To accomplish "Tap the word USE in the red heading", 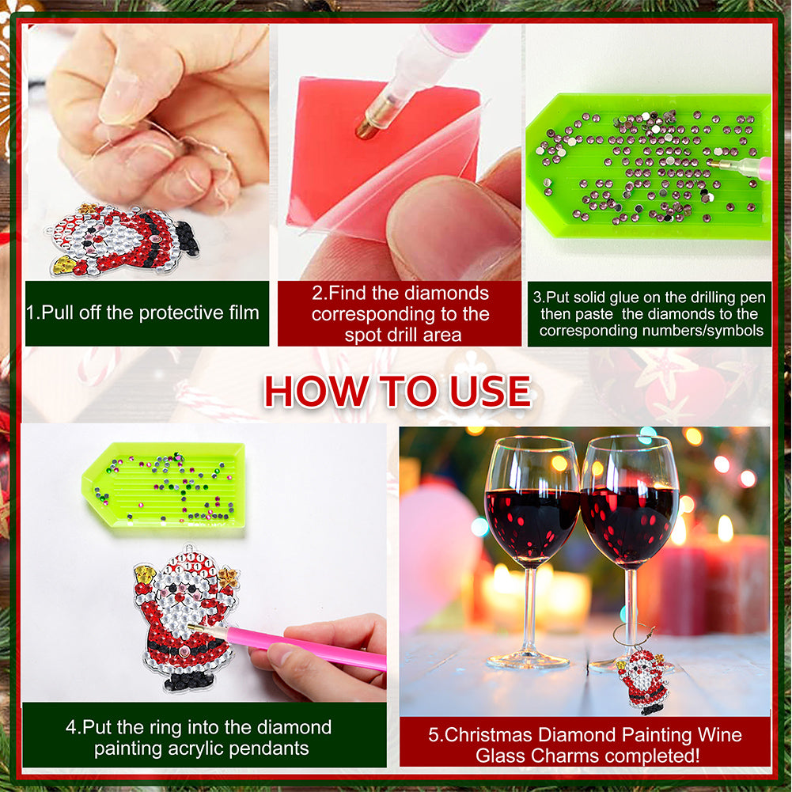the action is (x=491, y=392).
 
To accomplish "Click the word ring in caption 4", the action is (x=169, y=728).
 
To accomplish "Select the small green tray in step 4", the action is (x=164, y=486).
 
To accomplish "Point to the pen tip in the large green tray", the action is (x=713, y=164).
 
